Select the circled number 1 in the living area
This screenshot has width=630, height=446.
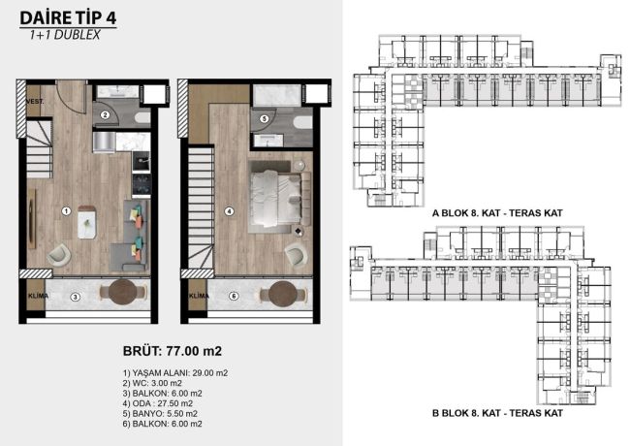point(65,209)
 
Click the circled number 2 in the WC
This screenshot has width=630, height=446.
point(105,114)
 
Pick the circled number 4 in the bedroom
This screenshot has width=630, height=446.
point(228,209)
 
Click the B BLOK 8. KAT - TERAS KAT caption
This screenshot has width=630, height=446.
point(495,412)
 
